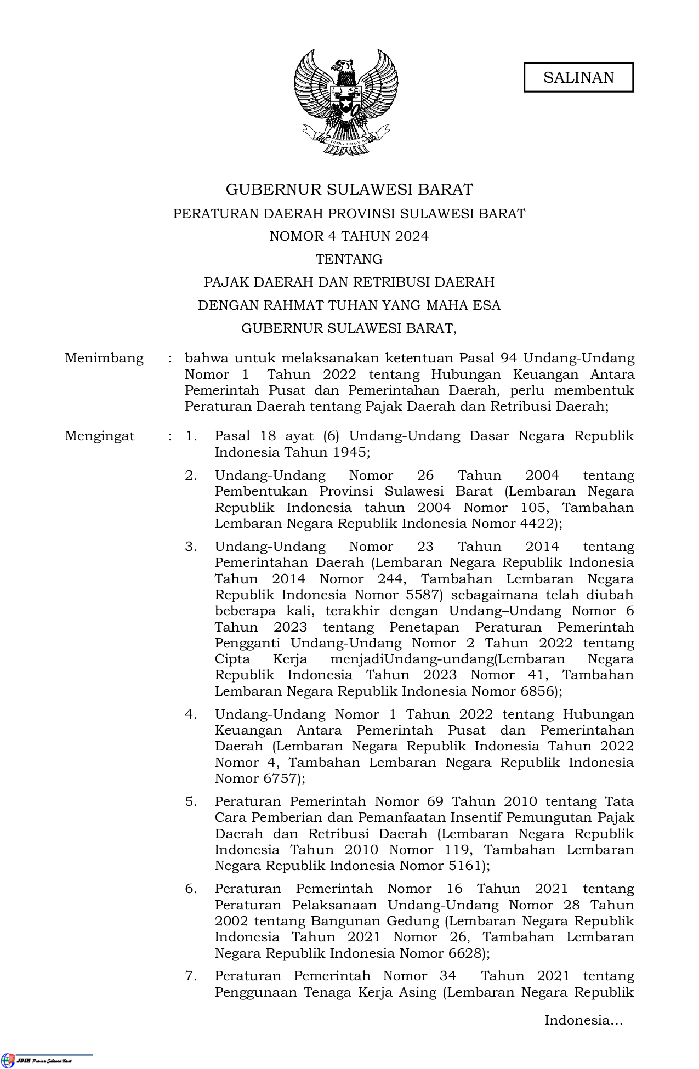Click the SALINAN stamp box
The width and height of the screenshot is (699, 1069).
pos(578,77)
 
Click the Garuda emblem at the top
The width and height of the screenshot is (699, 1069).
pos(346,101)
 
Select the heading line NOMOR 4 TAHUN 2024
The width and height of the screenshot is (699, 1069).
pos(349,236)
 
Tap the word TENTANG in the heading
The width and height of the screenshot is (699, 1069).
pos(349,259)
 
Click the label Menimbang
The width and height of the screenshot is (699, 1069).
pos(104,359)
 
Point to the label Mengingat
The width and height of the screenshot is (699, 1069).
pos(99,436)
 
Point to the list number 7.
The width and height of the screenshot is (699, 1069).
pos(190,976)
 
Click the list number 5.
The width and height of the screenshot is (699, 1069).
pos(190,801)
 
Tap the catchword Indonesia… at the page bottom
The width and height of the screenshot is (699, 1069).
pos(583,1020)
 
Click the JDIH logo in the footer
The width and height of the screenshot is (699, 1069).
pos(8,1060)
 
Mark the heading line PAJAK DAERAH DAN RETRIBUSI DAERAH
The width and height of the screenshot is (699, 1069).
pos(349,282)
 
